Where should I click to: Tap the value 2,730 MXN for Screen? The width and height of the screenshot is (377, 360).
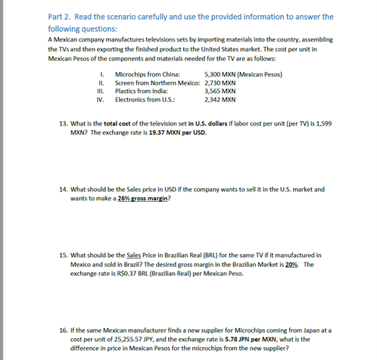point(220,82)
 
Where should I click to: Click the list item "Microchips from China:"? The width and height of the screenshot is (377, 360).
point(147,73)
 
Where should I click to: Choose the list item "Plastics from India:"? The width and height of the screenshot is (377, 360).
point(141,91)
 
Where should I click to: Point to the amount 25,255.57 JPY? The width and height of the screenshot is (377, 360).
point(145,339)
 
